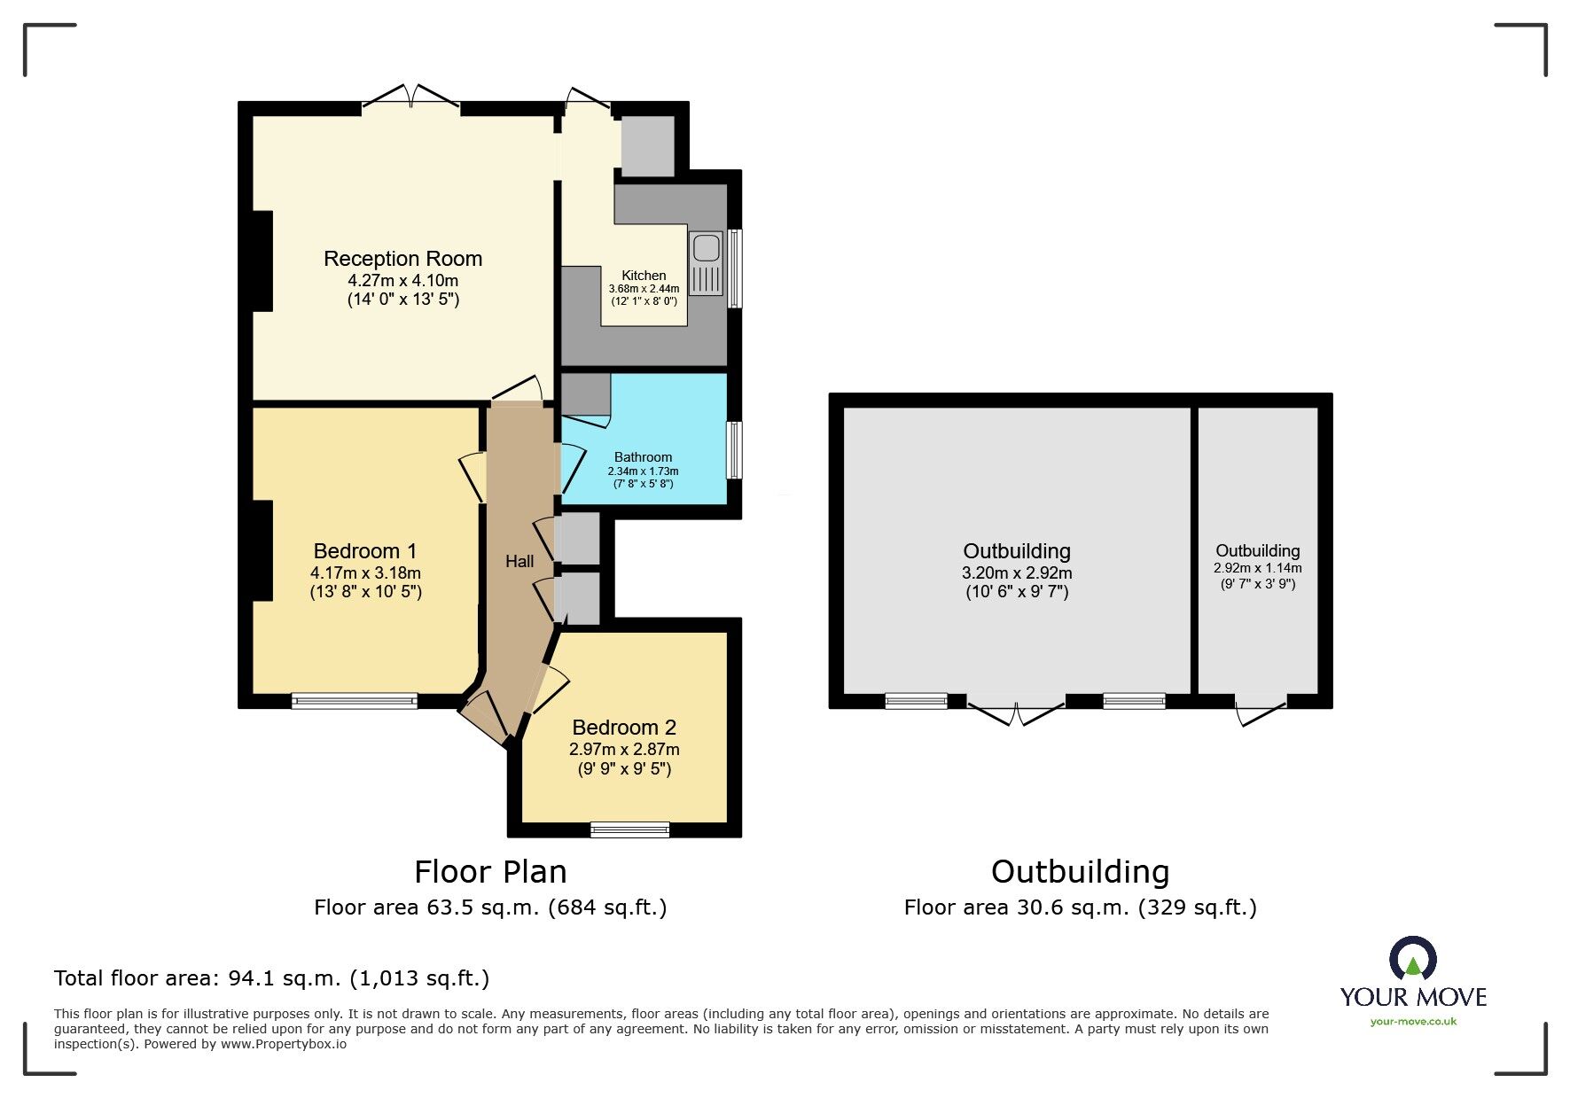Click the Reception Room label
402,259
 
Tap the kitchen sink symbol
707,263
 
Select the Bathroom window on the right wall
734,450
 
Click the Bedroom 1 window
354,701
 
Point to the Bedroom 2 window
629,829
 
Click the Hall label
519,561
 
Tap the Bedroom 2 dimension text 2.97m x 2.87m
624,749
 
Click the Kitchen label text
644,276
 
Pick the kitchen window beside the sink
735,269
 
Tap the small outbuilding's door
1260,710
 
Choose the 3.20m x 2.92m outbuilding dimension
1017,573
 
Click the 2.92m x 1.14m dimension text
1257,568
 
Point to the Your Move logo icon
1412,960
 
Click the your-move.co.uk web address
1413,1022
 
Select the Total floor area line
271,978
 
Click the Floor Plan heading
490,872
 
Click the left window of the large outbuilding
916,701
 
